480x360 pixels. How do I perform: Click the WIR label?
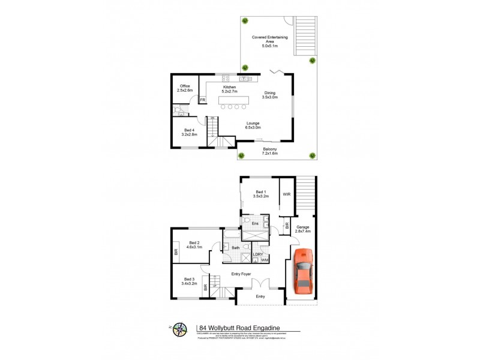point(287,194)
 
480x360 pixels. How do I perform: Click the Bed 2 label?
point(194,245)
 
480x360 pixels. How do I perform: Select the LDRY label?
point(258,254)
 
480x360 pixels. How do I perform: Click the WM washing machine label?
point(265,260)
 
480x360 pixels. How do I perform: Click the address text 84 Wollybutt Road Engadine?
point(241,328)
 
